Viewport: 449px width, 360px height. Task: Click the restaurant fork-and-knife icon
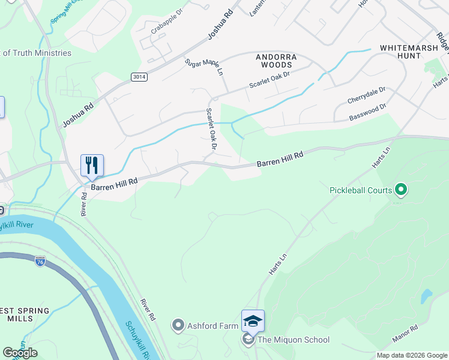pyautogui.click(x=92, y=165)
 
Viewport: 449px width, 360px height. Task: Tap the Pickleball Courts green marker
pyautogui.click(x=401, y=191)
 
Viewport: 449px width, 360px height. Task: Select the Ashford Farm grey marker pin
pyautogui.click(x=178, y=326)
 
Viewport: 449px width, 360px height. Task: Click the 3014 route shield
pyautogui.click(x=139, y=76)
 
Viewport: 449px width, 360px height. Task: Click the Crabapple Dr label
pyautogui.click(x=154, y=28)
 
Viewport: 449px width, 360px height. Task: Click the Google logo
pyautogui.click(x=20, y=353)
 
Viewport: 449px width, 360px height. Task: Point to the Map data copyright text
pyautogui.click(x=412, y=355)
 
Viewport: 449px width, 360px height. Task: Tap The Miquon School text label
pyautogui.click(x=293, y=340)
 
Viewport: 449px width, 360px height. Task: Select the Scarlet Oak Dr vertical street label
pyautogui.click(x=211, y=128)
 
